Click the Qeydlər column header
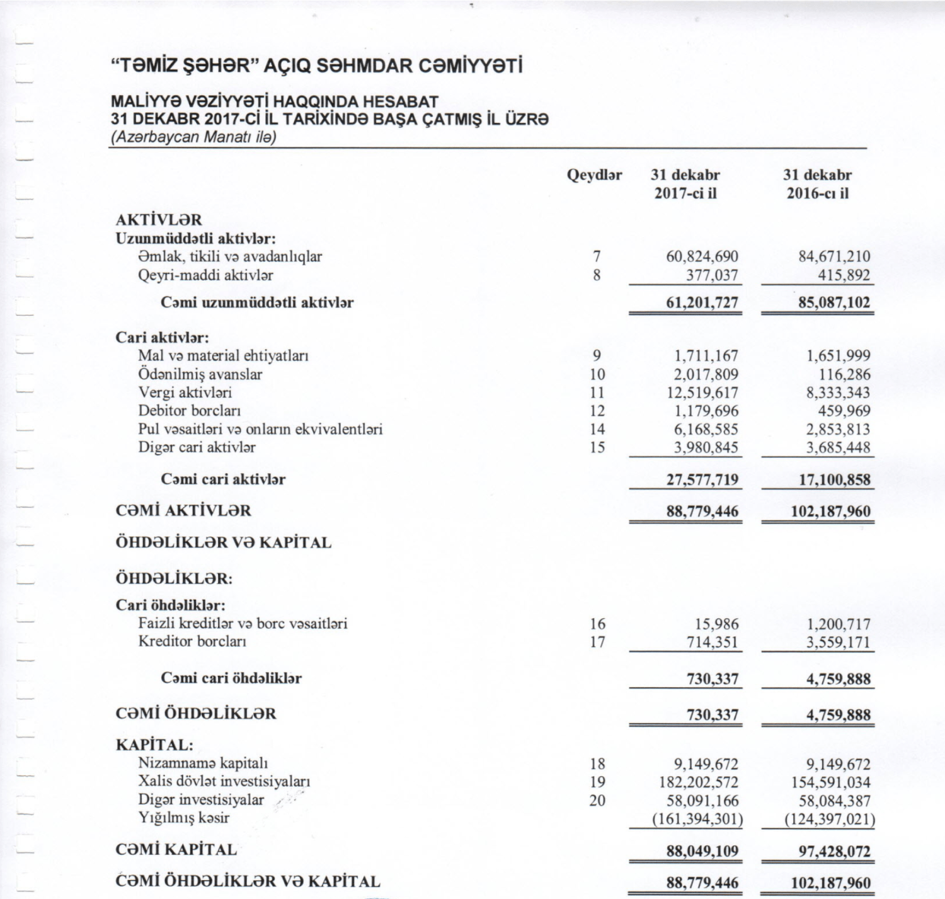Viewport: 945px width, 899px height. point(594,175)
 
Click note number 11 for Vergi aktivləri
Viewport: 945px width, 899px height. point(597,392)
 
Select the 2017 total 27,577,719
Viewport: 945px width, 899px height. point(702,479)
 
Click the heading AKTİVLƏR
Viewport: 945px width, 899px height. point(159,220)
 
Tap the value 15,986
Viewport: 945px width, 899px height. point(716,624)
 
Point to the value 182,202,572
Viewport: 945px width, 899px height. point(699,782)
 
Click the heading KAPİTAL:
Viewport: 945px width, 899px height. point(154,745)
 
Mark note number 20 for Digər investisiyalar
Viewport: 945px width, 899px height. point(597,801)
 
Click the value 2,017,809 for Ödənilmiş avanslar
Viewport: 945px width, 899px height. point(706,374)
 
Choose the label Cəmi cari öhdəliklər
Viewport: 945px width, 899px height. point(231,679)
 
